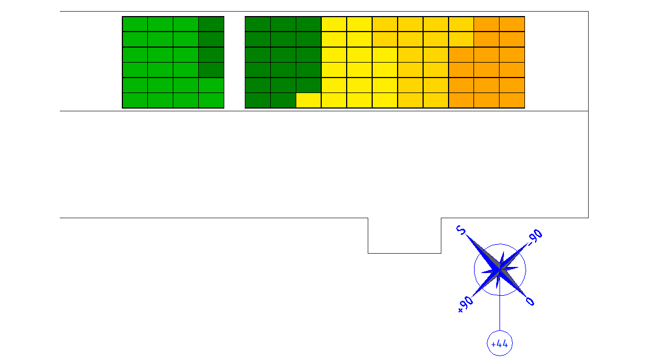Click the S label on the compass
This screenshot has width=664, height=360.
(461, 230)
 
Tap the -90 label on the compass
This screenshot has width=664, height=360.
(535, 236)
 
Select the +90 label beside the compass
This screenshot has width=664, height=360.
(465, 304)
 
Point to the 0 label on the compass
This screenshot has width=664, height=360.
(530, 301)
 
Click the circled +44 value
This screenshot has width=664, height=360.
(500, 343)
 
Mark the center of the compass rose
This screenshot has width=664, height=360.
(500, 269)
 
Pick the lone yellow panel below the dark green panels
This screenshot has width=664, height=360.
(308, 100)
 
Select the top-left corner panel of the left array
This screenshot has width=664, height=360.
(135, 24)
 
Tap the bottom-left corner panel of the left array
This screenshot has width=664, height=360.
(135, 100)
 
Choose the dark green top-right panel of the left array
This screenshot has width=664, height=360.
(212, 24)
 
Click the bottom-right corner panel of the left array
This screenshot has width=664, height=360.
(212, 100)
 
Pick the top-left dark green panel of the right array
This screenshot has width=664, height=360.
(258, 24)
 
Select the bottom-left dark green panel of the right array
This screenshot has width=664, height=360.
(258, 100)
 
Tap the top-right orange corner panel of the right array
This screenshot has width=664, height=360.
(512, 24)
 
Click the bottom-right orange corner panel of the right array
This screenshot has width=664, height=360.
(512, 100)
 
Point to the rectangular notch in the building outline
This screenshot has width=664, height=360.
(404, 253)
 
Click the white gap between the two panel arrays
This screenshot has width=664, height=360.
(235, 62)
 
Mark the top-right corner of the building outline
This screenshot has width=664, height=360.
(588, 12)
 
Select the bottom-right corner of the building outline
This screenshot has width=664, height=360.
(588, 218)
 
